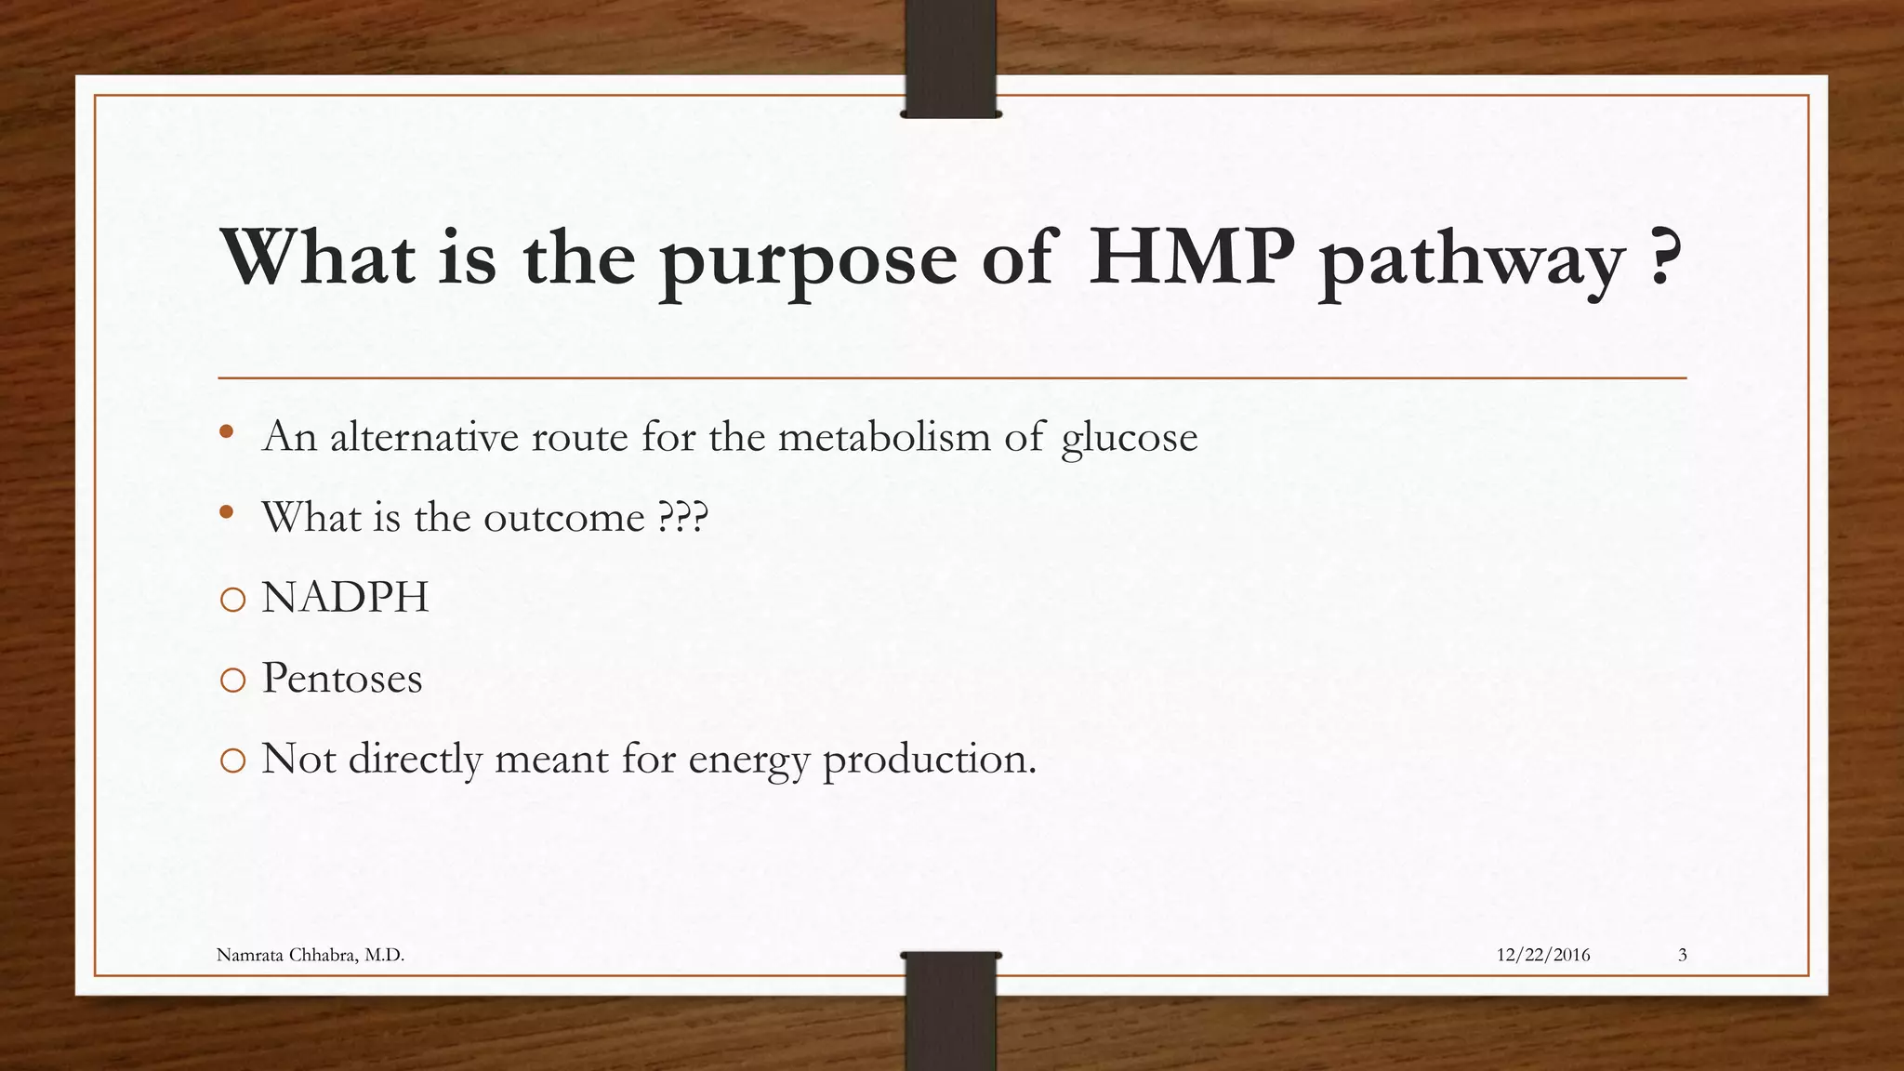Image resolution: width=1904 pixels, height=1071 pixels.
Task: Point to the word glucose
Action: [x=1129, y=438]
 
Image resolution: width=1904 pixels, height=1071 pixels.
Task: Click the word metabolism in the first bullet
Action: [x=884, y=436]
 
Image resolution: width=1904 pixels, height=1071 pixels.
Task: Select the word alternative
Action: [x=424, y=436]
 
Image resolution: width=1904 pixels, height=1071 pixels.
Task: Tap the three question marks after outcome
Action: [x=682, y=517]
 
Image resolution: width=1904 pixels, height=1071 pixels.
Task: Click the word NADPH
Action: [x=345, y=598]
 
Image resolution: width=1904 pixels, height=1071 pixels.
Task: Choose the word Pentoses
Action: [x=341, y=678]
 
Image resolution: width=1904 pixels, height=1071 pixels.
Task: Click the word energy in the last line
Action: [x=749, y=760]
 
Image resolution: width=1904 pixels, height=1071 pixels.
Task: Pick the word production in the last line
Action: [x=929, y=760]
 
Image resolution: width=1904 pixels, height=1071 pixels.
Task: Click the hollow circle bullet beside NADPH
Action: [x=232, y=600]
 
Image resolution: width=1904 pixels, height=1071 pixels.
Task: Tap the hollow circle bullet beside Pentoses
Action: [x=232, y=681]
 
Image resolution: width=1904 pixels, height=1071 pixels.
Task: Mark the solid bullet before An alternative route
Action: [x=226, y=431]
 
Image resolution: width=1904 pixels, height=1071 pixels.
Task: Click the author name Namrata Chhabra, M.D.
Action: [x=311, y=955]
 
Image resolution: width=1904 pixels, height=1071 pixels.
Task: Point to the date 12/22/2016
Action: [x=1542, y=955]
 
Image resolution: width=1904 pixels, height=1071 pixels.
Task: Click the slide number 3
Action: [x=1682, y=955]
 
